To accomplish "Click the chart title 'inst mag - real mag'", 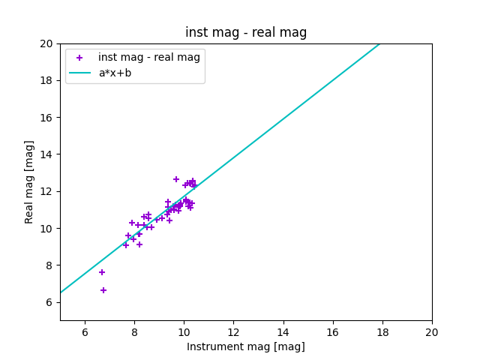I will tap(246, 32).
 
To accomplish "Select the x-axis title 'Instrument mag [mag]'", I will tap(246, 346).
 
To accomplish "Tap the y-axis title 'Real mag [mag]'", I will tap(30, 181).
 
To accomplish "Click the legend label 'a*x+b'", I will tap(115, 73).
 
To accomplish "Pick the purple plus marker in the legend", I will tap(79, 58).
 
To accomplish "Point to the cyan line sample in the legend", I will tap(79, 73).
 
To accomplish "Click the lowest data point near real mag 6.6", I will tap(103, 290).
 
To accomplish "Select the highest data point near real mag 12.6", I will tap(176, 179).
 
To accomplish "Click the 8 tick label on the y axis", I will tap(46, 265).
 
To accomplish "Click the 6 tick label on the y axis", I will tap(46, 302).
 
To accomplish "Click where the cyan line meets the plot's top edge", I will tap(379, 43).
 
